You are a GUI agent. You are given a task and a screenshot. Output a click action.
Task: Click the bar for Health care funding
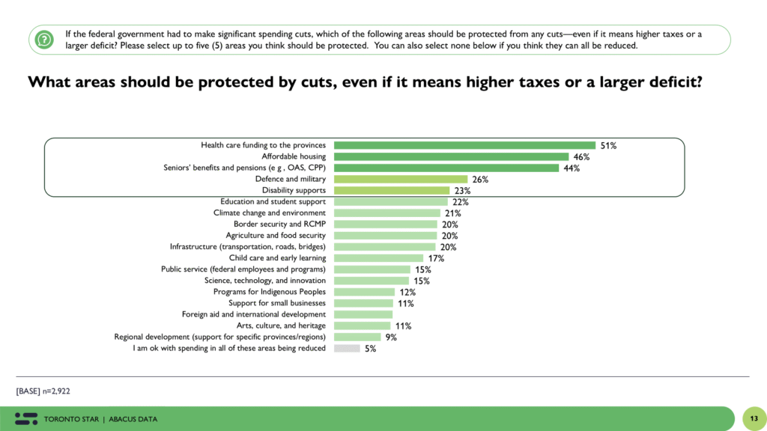click(464, 145)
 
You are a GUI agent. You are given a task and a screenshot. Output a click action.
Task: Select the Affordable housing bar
click(451, 156)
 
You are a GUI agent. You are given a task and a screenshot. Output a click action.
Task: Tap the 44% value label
click(571, 168)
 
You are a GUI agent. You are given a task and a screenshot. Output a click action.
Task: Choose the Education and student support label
click(273, 202)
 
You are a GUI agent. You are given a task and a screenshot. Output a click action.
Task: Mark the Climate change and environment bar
click(386, 213)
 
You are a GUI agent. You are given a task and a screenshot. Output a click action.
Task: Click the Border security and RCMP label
click(279, 224)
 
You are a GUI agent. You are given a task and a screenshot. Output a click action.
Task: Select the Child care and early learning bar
click(378, 258)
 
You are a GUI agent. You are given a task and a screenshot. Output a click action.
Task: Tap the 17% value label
click(436, 259)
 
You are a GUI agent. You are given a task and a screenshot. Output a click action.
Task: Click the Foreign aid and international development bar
click(363, 314)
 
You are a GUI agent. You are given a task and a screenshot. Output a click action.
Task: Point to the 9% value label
click(391, 337)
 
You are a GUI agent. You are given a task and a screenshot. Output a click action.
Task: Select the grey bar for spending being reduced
click(347, 349)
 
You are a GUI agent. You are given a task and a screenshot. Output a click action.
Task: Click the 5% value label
click(370, 349)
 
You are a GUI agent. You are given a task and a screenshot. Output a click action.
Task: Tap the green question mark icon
click(45, 39)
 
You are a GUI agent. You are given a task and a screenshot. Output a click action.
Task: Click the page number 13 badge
click(753, 418)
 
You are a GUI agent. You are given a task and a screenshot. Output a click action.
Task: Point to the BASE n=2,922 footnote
click(43, 391)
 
